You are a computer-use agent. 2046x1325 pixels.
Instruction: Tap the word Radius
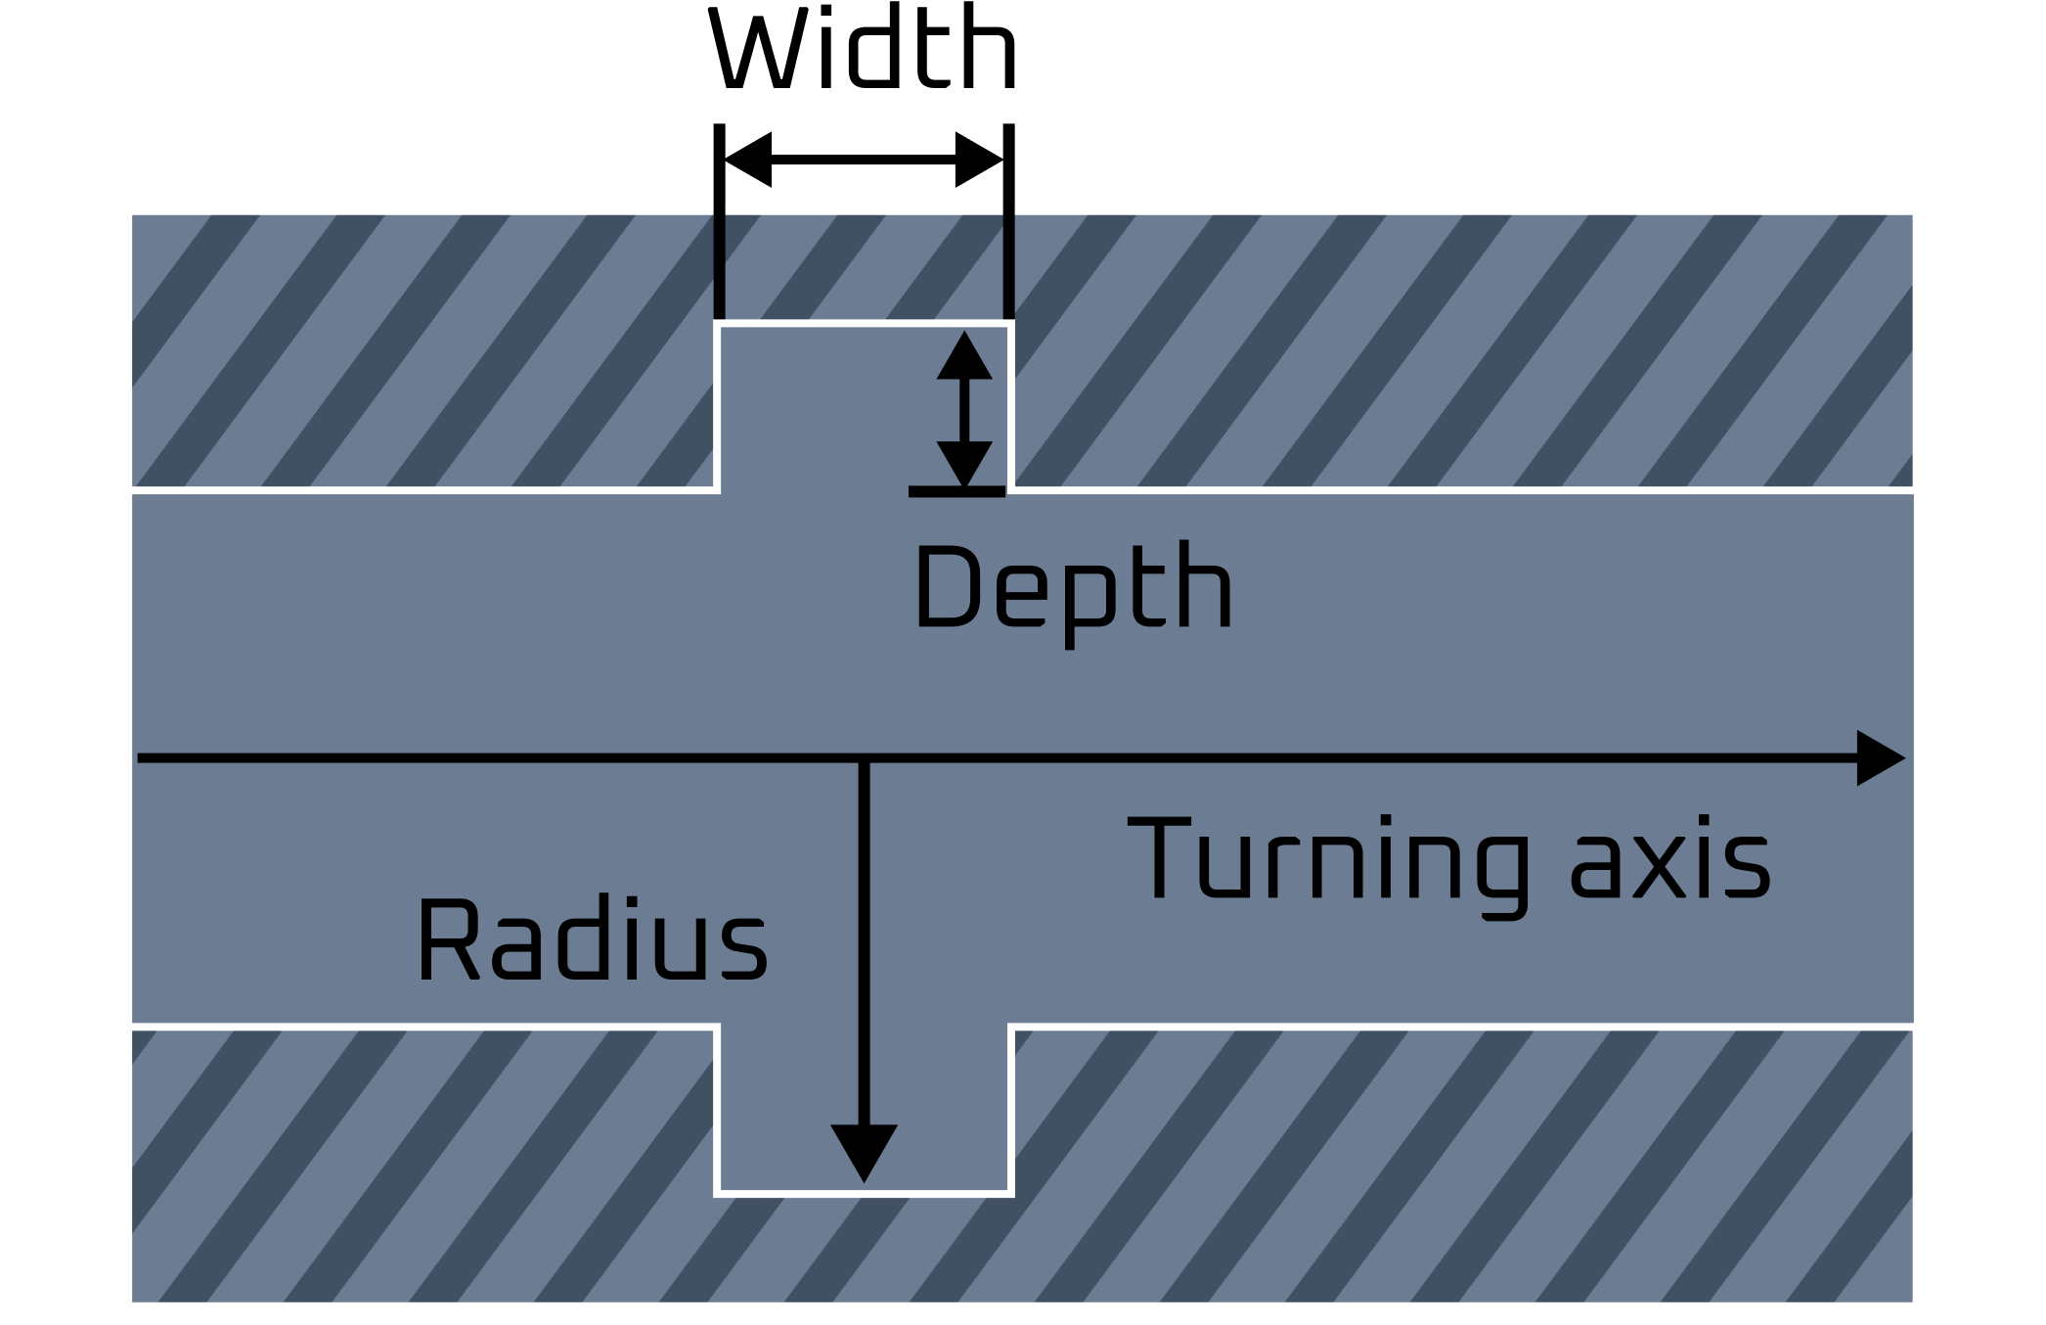[x=592, y=941]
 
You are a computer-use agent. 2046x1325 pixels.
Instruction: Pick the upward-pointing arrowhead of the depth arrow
[x=964, y=356]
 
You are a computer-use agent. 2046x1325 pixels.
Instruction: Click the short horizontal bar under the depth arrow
[x=956, y=491]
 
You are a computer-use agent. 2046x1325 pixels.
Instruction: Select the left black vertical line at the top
[x=720, y=262]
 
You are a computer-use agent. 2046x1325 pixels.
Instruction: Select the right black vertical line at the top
[x=1008, y=262]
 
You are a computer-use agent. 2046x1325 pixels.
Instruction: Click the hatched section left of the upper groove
[x=421, y=350]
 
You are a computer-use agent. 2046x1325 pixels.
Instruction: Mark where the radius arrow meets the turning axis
[x=864, y=758]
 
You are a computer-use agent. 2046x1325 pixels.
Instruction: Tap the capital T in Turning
[x=1157, y=859]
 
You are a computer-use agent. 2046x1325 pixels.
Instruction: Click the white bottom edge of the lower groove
[x=864, y=1193]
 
